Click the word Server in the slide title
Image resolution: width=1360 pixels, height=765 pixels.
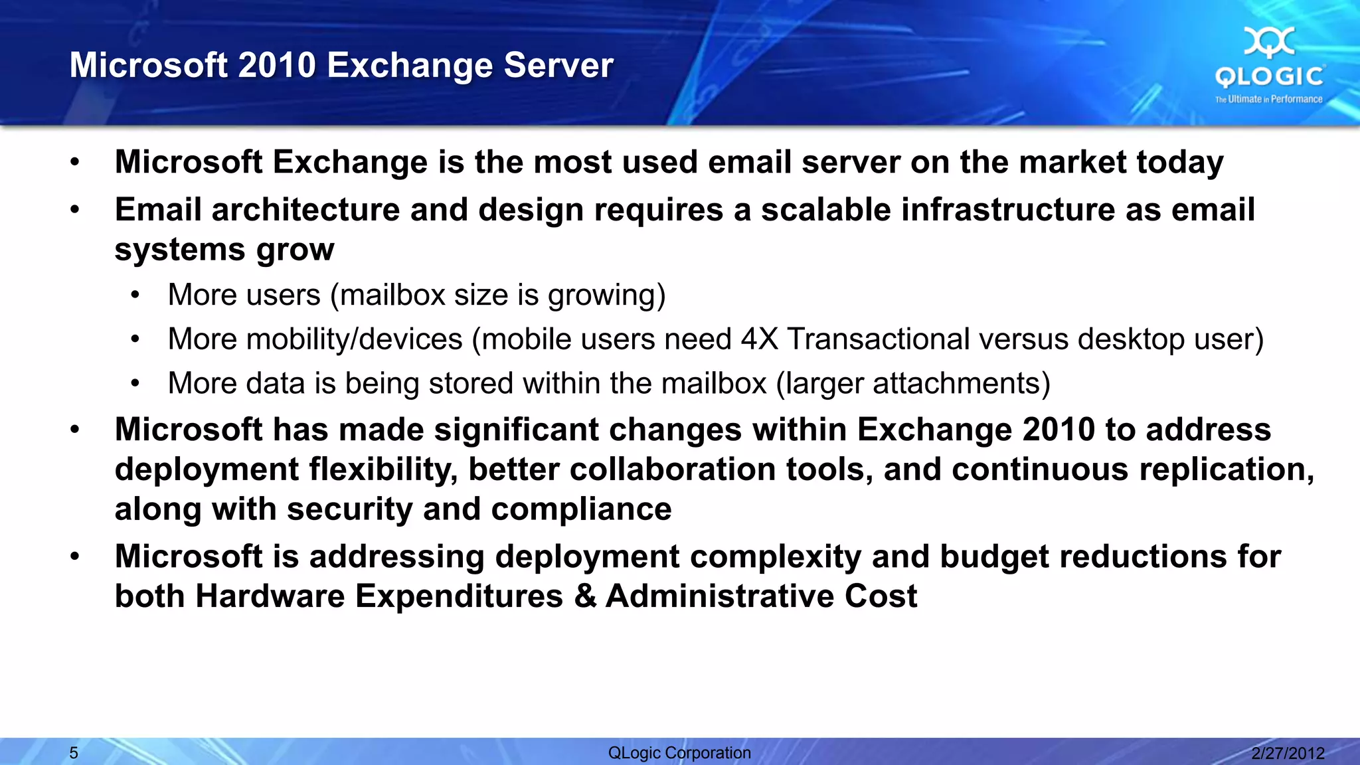click(x=558, y=65)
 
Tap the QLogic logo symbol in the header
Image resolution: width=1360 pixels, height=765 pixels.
click(x=1269, y=42)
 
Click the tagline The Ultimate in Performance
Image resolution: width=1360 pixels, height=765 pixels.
click(x=1268, y=99)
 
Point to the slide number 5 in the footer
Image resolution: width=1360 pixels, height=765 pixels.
click(x=74, y=753)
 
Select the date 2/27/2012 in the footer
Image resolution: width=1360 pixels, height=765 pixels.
click(x=1288, y=753)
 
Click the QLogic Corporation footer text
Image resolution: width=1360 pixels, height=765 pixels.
click(x=679, y=753)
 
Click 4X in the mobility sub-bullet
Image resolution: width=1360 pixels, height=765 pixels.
click(x=759, y=339)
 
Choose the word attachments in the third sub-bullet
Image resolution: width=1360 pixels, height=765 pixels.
click(x=960, y=384)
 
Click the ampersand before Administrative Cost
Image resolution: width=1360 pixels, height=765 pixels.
click(x=585, y=596)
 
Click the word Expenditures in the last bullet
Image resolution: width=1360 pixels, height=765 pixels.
click(x=459, y=596)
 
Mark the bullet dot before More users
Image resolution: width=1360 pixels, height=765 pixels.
click(x=135, y=295)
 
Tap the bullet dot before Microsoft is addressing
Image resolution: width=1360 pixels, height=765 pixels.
click(x=75, y=556)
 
